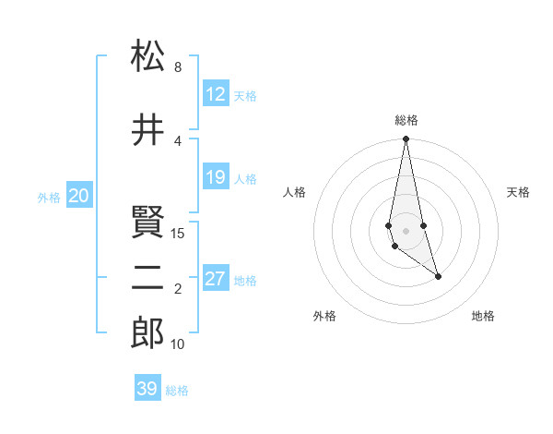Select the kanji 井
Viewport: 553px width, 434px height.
coord(147,131)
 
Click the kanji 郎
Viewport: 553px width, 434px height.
coord(147,333)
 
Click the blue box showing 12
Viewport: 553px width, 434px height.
coord(216,94)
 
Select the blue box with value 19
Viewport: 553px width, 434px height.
coord(216,177)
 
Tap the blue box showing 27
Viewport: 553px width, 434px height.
coord(216,279)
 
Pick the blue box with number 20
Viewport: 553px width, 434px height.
coord(79,196)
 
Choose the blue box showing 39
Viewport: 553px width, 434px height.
coord(147,389)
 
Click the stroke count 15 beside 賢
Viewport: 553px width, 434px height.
coord(178,234)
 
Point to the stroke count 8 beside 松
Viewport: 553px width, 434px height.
coord(178,67)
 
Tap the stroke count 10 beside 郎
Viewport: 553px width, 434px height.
coord(178,344)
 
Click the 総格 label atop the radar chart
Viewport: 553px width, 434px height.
coord(406,120)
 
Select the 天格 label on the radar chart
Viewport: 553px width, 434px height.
coord(518,192)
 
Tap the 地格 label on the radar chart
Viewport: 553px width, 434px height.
coord(483,316)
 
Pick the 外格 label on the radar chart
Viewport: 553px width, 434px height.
coord(324,316)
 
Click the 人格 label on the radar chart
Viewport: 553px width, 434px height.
coord(295,192)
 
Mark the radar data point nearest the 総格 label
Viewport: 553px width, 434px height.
coord(406,139)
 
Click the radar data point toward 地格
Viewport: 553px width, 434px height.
coord(438,276)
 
